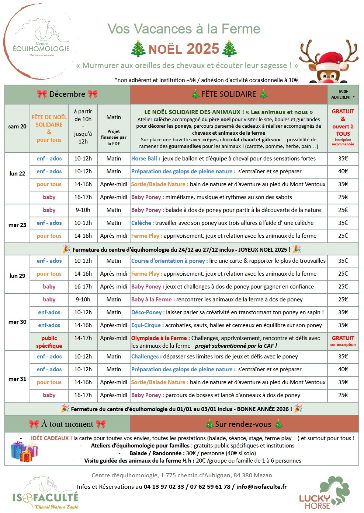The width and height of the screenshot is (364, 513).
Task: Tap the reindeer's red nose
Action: (x=328, y=78)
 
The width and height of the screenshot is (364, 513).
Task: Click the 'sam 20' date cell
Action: (x=17, y=127)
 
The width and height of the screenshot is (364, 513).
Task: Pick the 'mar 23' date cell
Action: (x=17, y=225)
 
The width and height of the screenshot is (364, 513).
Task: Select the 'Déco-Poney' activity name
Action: (x=147, y=312)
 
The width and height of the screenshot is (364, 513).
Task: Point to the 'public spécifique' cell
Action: (x=49, y=342)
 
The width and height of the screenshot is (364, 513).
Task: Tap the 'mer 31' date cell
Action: (x=17, y=379)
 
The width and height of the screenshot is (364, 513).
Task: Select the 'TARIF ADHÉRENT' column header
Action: (x=343, y=94)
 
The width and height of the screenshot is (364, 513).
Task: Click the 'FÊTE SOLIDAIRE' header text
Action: (x=229, y=94)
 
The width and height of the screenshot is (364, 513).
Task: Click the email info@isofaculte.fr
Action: (x=261, y=487)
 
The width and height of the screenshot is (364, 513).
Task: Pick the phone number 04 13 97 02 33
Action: (x=164, y=487)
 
